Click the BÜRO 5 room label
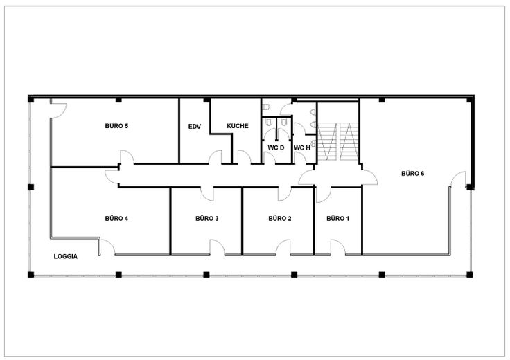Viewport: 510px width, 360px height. point(116,126)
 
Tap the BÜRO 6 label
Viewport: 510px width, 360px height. point(412,174)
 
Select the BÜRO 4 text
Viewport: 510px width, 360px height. point(116,218)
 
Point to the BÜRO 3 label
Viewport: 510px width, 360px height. point(207,218)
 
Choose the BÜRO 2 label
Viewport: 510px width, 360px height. point(280,218)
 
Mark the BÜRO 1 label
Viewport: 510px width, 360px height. point(337,218)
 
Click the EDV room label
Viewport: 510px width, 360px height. point(195,127)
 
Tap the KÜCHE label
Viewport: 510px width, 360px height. point(238,126)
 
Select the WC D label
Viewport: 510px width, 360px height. point(276,147)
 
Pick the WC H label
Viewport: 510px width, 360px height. point(302,148)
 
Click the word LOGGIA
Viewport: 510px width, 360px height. point(65,256)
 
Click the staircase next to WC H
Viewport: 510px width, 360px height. point(338,141)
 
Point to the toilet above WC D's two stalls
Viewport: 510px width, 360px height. point(266,107)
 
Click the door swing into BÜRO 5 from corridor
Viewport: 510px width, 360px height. point(127,156)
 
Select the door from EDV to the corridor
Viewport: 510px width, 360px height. point(215,157)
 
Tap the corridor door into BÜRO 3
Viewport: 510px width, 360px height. point(207,194)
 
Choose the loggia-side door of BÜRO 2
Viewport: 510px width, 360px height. point(283,247)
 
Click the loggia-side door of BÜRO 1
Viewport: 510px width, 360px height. point(338,247)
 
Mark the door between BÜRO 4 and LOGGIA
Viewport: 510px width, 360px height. point(107,247)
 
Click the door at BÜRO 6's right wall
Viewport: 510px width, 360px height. point(458,179)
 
